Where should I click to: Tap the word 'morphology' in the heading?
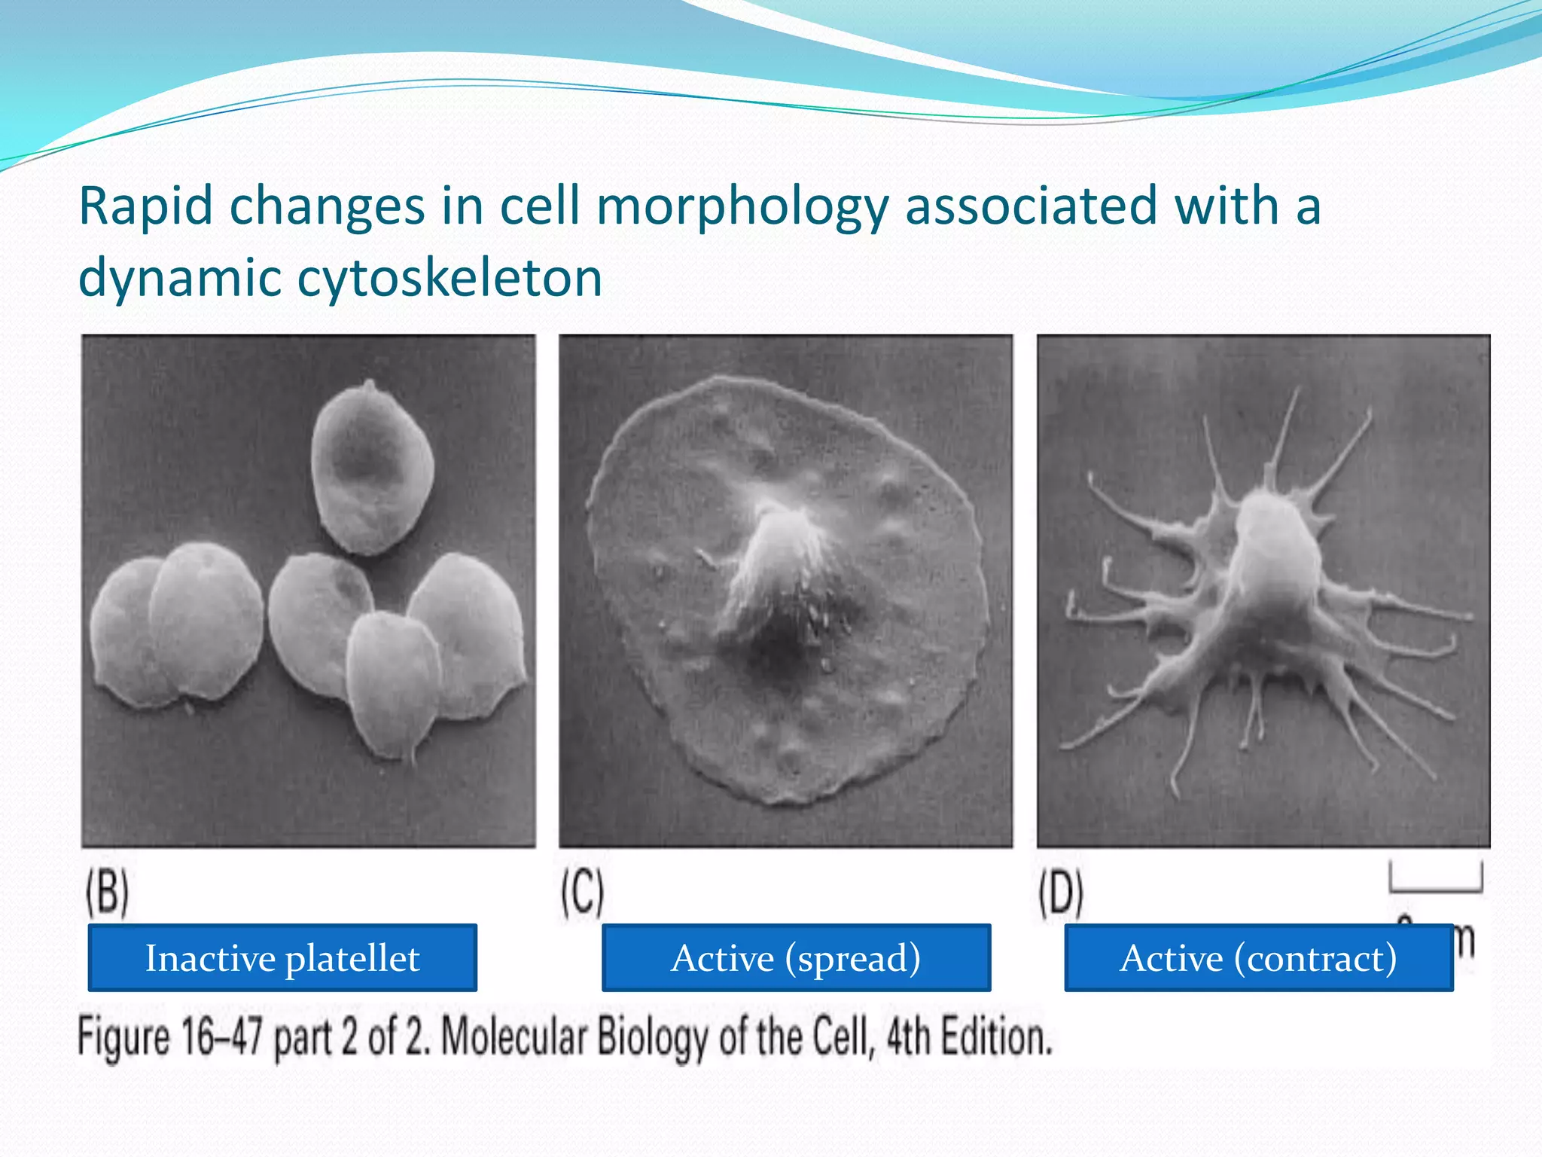(742, 207)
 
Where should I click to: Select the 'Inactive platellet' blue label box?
(282, 958)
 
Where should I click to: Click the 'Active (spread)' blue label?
(796, 958)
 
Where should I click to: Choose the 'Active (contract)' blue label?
(1258, 958)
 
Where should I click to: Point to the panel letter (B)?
(107, 893)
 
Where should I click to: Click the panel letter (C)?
(582, 893)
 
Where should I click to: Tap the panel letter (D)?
(1061, 893)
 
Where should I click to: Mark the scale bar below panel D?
(1436, 881)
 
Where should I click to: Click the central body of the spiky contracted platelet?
(1272, 557)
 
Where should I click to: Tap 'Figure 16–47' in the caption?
(170, 1038)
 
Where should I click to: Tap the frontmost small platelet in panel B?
(393, 682)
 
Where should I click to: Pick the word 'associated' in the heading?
(1030, 207)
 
